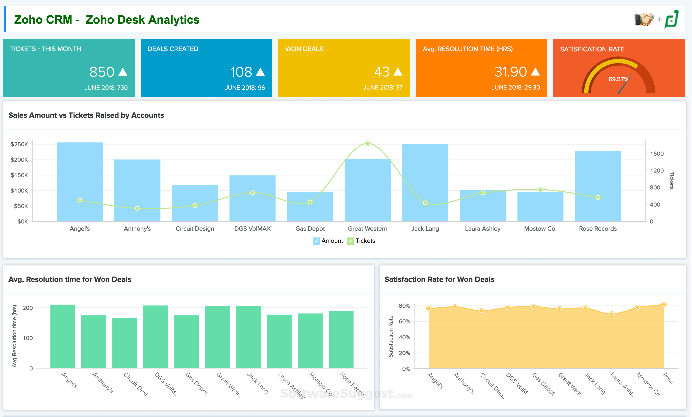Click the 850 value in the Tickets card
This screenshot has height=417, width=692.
tap(102, 72)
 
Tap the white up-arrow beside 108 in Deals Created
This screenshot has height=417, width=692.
tap(260, 72)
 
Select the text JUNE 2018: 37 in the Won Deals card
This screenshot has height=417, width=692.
tap(382, 88)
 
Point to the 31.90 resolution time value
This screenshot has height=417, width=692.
tap(510, 72)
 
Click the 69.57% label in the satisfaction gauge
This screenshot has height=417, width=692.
tap(618, 79)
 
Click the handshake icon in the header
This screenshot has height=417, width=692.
tap(644, 19)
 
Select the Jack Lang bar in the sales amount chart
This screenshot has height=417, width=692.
tap(425, 182)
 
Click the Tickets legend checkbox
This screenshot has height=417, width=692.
tap(350, 241)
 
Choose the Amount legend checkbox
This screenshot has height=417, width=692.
tap(316, 241)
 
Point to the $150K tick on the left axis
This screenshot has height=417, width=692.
tap(19, 175)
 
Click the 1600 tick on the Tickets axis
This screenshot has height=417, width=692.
tap(657, 154)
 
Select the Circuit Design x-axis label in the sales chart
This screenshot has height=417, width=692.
tap(195, 229)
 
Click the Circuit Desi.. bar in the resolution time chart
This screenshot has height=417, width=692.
tap(125, 343)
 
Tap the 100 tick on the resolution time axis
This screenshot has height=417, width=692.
tap(28, 338)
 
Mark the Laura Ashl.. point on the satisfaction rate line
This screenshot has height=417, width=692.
tap(612, 314)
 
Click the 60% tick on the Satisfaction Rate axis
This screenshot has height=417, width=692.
tap(404, 321)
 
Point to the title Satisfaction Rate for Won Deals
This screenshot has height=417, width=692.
tap(439, 279)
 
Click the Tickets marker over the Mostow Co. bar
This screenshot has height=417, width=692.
tap(540, 189)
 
